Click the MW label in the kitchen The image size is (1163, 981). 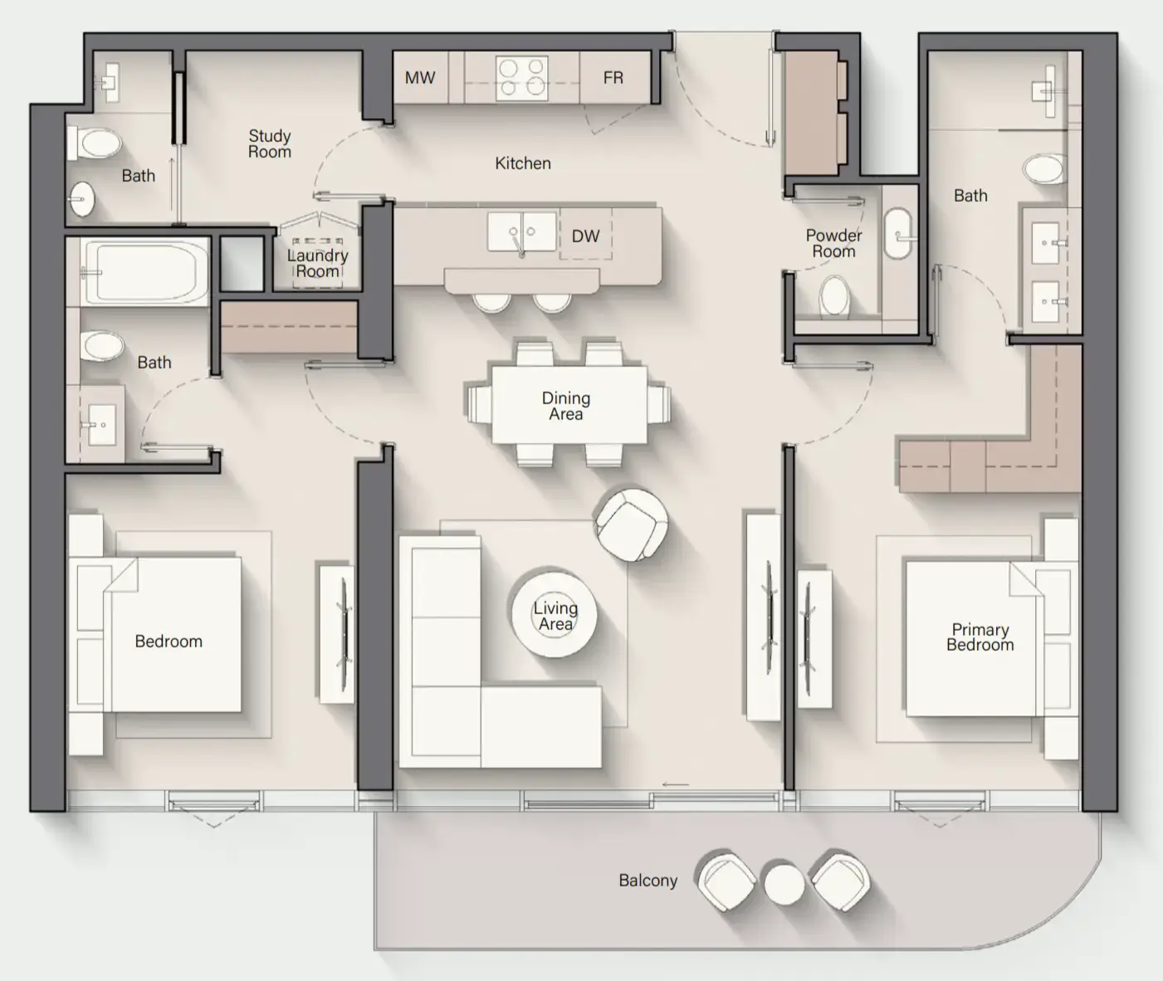tap(420, 78)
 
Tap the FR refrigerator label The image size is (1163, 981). tap(613, 78)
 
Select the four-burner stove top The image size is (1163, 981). tap(521, 78)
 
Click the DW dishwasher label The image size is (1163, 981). tap(585, 237)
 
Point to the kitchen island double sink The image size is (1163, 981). tap(521, 232)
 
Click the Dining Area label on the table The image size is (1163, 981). tap(566, 406)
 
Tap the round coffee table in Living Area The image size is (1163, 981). tap(554, 615)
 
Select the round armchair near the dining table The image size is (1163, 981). tap(631, 524)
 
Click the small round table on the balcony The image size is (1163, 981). tap(784, 883)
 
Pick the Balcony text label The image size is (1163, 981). tap(647, 881)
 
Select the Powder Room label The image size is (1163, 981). tap(833, 243)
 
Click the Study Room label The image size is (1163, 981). tap(270, 144)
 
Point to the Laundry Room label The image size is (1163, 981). tap(317, 263)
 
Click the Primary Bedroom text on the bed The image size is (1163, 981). tap(980, 637)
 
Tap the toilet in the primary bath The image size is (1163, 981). tap(1043, 170)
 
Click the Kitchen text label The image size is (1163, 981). tap(523, 163)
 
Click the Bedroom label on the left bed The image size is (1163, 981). tap(169, 642)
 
